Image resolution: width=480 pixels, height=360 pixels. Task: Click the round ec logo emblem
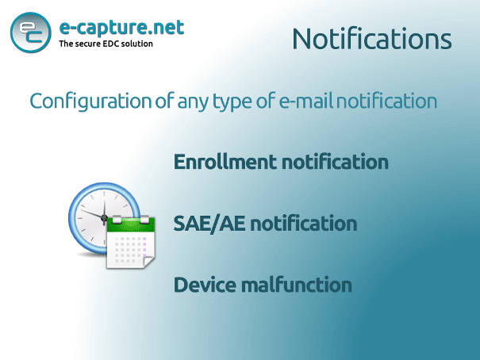[x=31, y=33]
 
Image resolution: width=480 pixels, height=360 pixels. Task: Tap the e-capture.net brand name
[x=121, y=28]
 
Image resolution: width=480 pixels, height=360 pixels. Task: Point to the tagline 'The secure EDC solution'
[x=106, y=44]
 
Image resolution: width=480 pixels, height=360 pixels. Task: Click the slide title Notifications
[x=372, y=39]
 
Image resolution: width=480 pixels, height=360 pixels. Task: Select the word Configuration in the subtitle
[x=90, y=101]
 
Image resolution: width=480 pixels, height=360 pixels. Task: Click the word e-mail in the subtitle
[x=306, y=101]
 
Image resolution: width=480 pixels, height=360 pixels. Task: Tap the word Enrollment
[x=225, y=162]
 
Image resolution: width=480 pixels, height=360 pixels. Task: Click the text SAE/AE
[x=209, y=224]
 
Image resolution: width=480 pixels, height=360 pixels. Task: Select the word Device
[x=205, y=285]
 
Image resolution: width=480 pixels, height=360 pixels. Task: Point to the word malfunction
[x=297, y=285]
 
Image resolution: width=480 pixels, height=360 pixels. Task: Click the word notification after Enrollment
[x=335, y=162]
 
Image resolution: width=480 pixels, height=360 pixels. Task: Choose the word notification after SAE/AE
[x=304, y=224]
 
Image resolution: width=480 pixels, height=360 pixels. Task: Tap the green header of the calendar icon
[x=131, y=225]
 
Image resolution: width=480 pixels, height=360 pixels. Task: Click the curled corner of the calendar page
[x=149, y=262]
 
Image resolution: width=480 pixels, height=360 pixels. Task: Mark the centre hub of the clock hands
[x=104, y=217]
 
